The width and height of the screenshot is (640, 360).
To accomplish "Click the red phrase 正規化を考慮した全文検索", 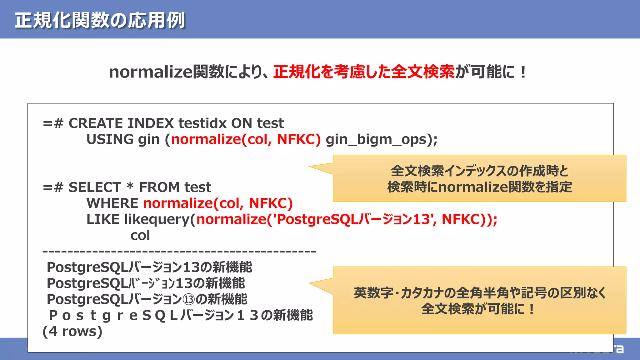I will pos(364,72).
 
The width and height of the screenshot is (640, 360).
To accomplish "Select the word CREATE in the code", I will pos(96,123).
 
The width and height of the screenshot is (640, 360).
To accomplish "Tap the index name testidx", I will pos(202,123).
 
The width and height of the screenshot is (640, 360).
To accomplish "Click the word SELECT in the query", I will pos(95,187).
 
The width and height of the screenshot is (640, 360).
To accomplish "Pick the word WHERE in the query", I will pos(112,203).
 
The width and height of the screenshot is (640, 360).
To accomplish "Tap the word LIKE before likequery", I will pos(103,219).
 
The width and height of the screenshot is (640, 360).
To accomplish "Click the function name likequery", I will pos(160,219).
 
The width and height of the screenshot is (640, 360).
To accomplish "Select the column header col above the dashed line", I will pos(140,236).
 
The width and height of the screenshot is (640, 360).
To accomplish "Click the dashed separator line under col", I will pos(179,251).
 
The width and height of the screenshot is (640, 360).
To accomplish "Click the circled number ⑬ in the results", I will pos(188,299).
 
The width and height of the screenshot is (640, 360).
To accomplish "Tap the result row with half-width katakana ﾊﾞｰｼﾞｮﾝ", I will pos(146,283).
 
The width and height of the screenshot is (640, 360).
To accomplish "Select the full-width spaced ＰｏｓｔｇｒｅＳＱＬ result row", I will pos(181,315).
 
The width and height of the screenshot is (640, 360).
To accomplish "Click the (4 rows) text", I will pos(72,331).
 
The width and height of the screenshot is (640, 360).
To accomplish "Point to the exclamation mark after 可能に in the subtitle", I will pos(523,72).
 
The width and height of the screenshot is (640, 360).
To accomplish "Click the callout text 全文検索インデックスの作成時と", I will pos(479,171).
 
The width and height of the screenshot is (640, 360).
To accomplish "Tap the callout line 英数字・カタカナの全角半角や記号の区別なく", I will pos(479,293).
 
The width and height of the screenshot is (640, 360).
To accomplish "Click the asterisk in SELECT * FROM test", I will pos(130,186).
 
